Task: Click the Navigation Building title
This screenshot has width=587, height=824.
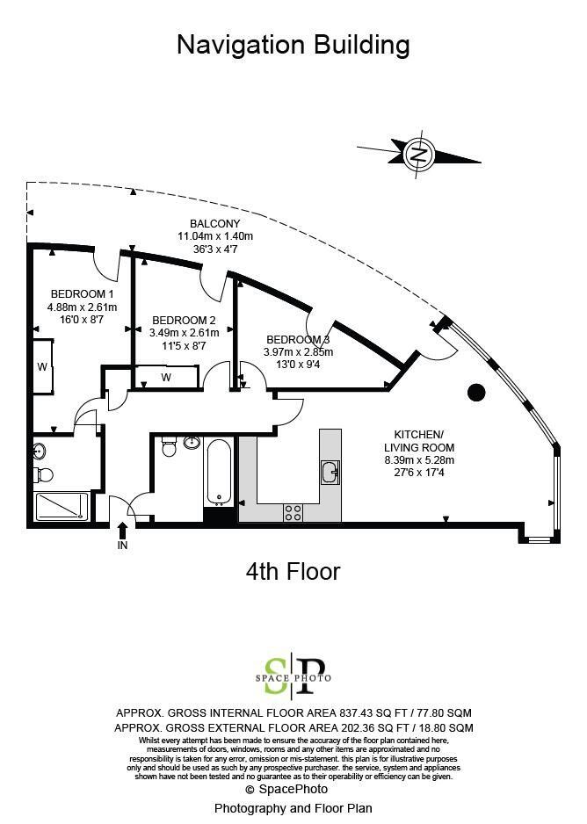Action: click(293, 46)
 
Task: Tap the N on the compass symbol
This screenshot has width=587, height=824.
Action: click(419, 154)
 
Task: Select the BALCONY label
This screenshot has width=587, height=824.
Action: click(215, 223)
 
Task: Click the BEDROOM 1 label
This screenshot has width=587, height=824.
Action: click(82, 293)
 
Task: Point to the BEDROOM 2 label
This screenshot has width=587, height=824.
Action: click(184, 320)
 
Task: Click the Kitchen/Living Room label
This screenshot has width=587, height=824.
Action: click(419, 441)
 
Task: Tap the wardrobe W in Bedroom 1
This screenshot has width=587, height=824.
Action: click(42, 367)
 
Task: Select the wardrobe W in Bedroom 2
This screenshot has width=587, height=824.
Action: click(166, 378)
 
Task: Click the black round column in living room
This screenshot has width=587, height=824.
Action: click(476, 393)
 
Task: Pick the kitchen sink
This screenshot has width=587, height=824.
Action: click(330, 473)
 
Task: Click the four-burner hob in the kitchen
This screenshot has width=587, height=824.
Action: click(293, 512)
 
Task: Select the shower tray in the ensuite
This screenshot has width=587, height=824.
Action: click(62, 506)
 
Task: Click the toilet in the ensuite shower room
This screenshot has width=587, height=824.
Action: click(43, 475)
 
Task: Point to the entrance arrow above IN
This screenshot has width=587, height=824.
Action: click(122, 530)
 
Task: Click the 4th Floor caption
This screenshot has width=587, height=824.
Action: click(293, 571)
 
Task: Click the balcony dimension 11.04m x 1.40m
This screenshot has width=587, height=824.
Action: click(215, 236)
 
